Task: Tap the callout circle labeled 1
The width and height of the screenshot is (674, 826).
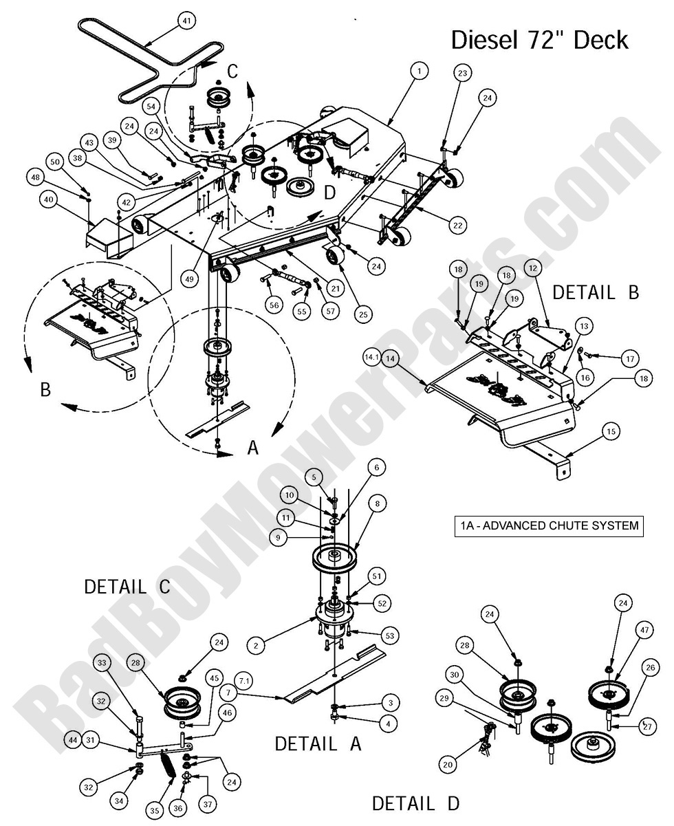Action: click(x=419, y=70)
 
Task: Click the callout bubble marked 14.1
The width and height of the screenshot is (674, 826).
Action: click(x=372, y=358)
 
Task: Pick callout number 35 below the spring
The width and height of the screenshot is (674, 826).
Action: click(x=154, y=812)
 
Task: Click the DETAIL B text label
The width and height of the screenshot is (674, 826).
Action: click(x=596, y=292)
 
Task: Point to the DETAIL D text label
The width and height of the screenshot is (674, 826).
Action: click(x=415, y=803)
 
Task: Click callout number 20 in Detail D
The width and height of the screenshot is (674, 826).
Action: click(x=448, y=764)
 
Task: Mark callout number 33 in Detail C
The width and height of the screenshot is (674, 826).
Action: click(x=102, y=663)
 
